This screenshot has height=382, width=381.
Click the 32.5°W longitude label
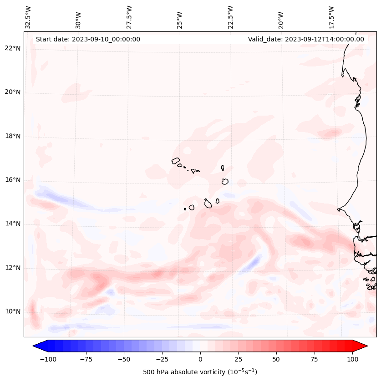(x=28, y=17)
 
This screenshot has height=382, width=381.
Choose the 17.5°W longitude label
(x=331, y=17)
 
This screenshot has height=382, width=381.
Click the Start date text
(x=88, y=39)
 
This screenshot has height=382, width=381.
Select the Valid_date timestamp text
(x=306, y=39)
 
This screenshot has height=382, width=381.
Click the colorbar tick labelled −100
(x=48, y=359)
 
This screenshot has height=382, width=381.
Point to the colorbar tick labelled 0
(x=200, y=359)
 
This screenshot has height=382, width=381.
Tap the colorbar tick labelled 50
(x=276, y=359)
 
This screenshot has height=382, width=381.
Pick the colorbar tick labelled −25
(x=162, y=359)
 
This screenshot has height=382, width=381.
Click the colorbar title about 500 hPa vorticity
(x=200, y=372)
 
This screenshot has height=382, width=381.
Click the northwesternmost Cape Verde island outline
(x=176, y=161)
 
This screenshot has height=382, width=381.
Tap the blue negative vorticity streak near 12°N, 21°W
(x=253, y=262)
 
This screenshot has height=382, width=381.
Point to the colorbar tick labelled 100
(x=352, y=359)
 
